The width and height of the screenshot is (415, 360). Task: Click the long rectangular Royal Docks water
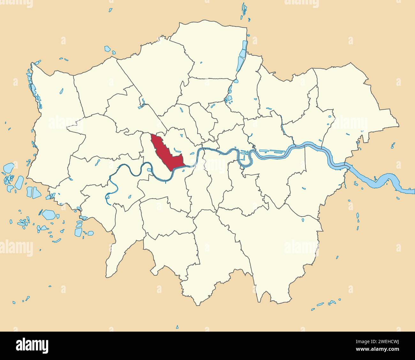coord(271,152)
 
